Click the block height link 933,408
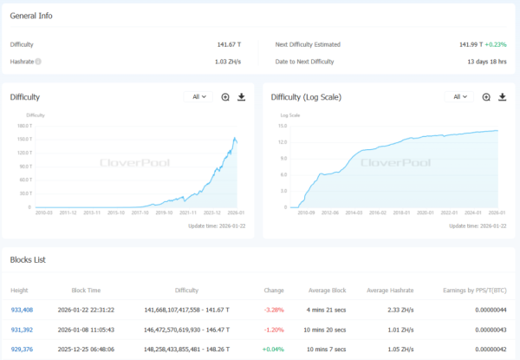(22, 308)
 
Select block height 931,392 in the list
(22, 329)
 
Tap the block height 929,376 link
(22, 350)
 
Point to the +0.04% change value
(275, 350)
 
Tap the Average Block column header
(328, 290)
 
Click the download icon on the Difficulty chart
(242, 97)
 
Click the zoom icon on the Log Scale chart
(486, 97)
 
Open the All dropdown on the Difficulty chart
(198, 97)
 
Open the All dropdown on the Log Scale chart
(458, 97)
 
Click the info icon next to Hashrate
(38, 62)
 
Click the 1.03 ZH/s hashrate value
(228, 62)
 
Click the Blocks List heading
(28, 259)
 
